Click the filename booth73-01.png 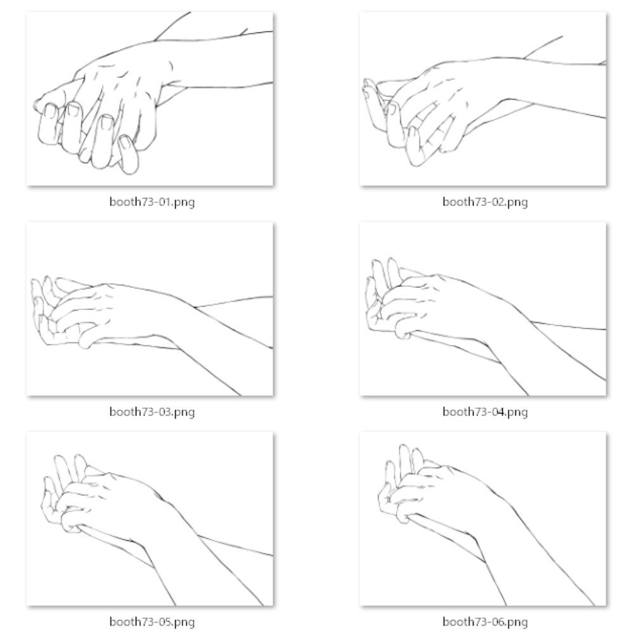(152, 202)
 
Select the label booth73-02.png (485, 202)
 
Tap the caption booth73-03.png (152, 411)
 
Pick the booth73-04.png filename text (485, 411)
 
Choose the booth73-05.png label (152, 621)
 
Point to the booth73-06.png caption (485, 621)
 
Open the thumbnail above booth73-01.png (150, 99)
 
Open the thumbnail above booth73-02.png (483, 99)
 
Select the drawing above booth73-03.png (150, 309)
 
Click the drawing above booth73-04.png (483, 309)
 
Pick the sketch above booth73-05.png (150, 519)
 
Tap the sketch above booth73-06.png (483, 519)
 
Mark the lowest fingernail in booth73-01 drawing (125, 142)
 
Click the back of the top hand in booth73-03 (121, 307)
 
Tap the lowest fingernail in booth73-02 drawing (413, 133)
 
